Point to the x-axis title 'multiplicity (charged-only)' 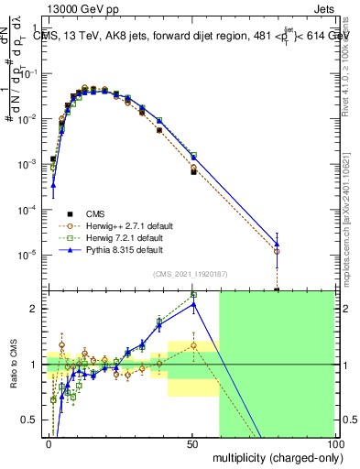pyautogui.click(x=273, y=456)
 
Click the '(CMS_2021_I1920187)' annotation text pyautogui.click(x=190, y=273)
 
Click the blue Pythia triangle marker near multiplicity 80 pyautogui.click(x=278, y=243)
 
